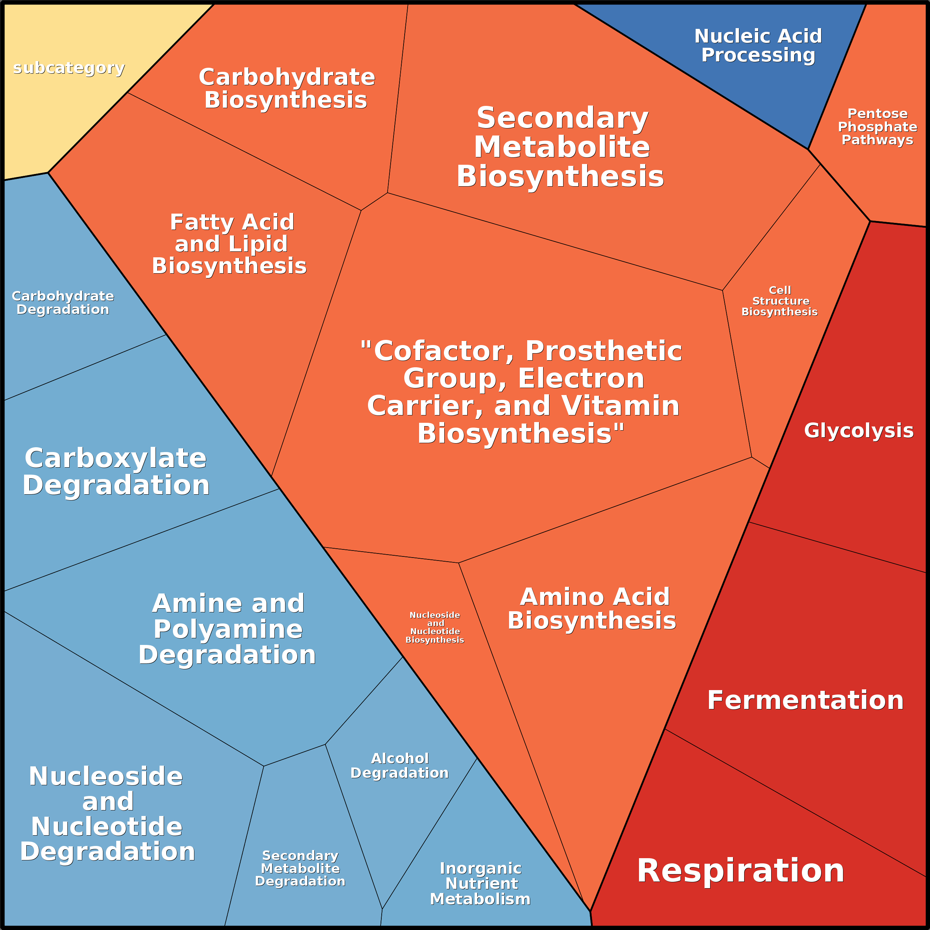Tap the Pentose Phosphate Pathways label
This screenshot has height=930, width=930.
[x=877, y=127]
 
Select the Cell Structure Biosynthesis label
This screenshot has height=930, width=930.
[x=779, y=301]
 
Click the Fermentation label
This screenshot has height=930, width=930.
[x=805, y=700]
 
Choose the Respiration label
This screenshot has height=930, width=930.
[x=740, y=871]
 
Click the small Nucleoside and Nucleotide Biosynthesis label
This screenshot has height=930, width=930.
[x=435, y=627]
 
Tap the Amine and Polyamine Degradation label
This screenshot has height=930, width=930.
[x=228, y=629]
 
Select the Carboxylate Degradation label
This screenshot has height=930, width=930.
[x=116, y=471]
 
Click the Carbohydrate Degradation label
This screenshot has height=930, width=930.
[x=63, y=303]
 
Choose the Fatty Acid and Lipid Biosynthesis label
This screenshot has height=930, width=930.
[x=230, y=244]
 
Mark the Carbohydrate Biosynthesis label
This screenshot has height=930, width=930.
[x=287, y=88]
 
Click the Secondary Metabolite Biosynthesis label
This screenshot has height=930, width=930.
[x=561, y=147]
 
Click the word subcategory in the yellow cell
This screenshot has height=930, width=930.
[x=69, y=68]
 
